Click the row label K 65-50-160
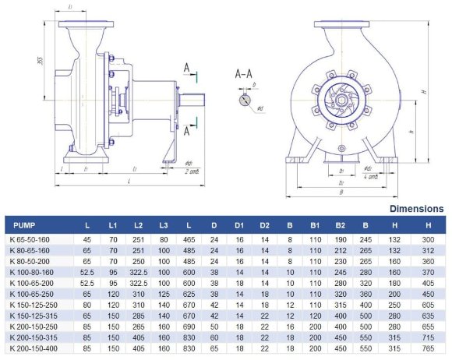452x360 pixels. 29,239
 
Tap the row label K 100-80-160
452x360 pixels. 30,273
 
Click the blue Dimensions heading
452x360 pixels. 416,210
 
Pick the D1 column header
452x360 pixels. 240,225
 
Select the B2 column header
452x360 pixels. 341,225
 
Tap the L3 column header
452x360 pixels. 164,225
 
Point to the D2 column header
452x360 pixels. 265,225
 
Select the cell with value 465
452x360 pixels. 189,239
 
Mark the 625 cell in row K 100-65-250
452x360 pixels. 189,295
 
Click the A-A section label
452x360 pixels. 244,74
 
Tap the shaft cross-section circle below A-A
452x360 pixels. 246,101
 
